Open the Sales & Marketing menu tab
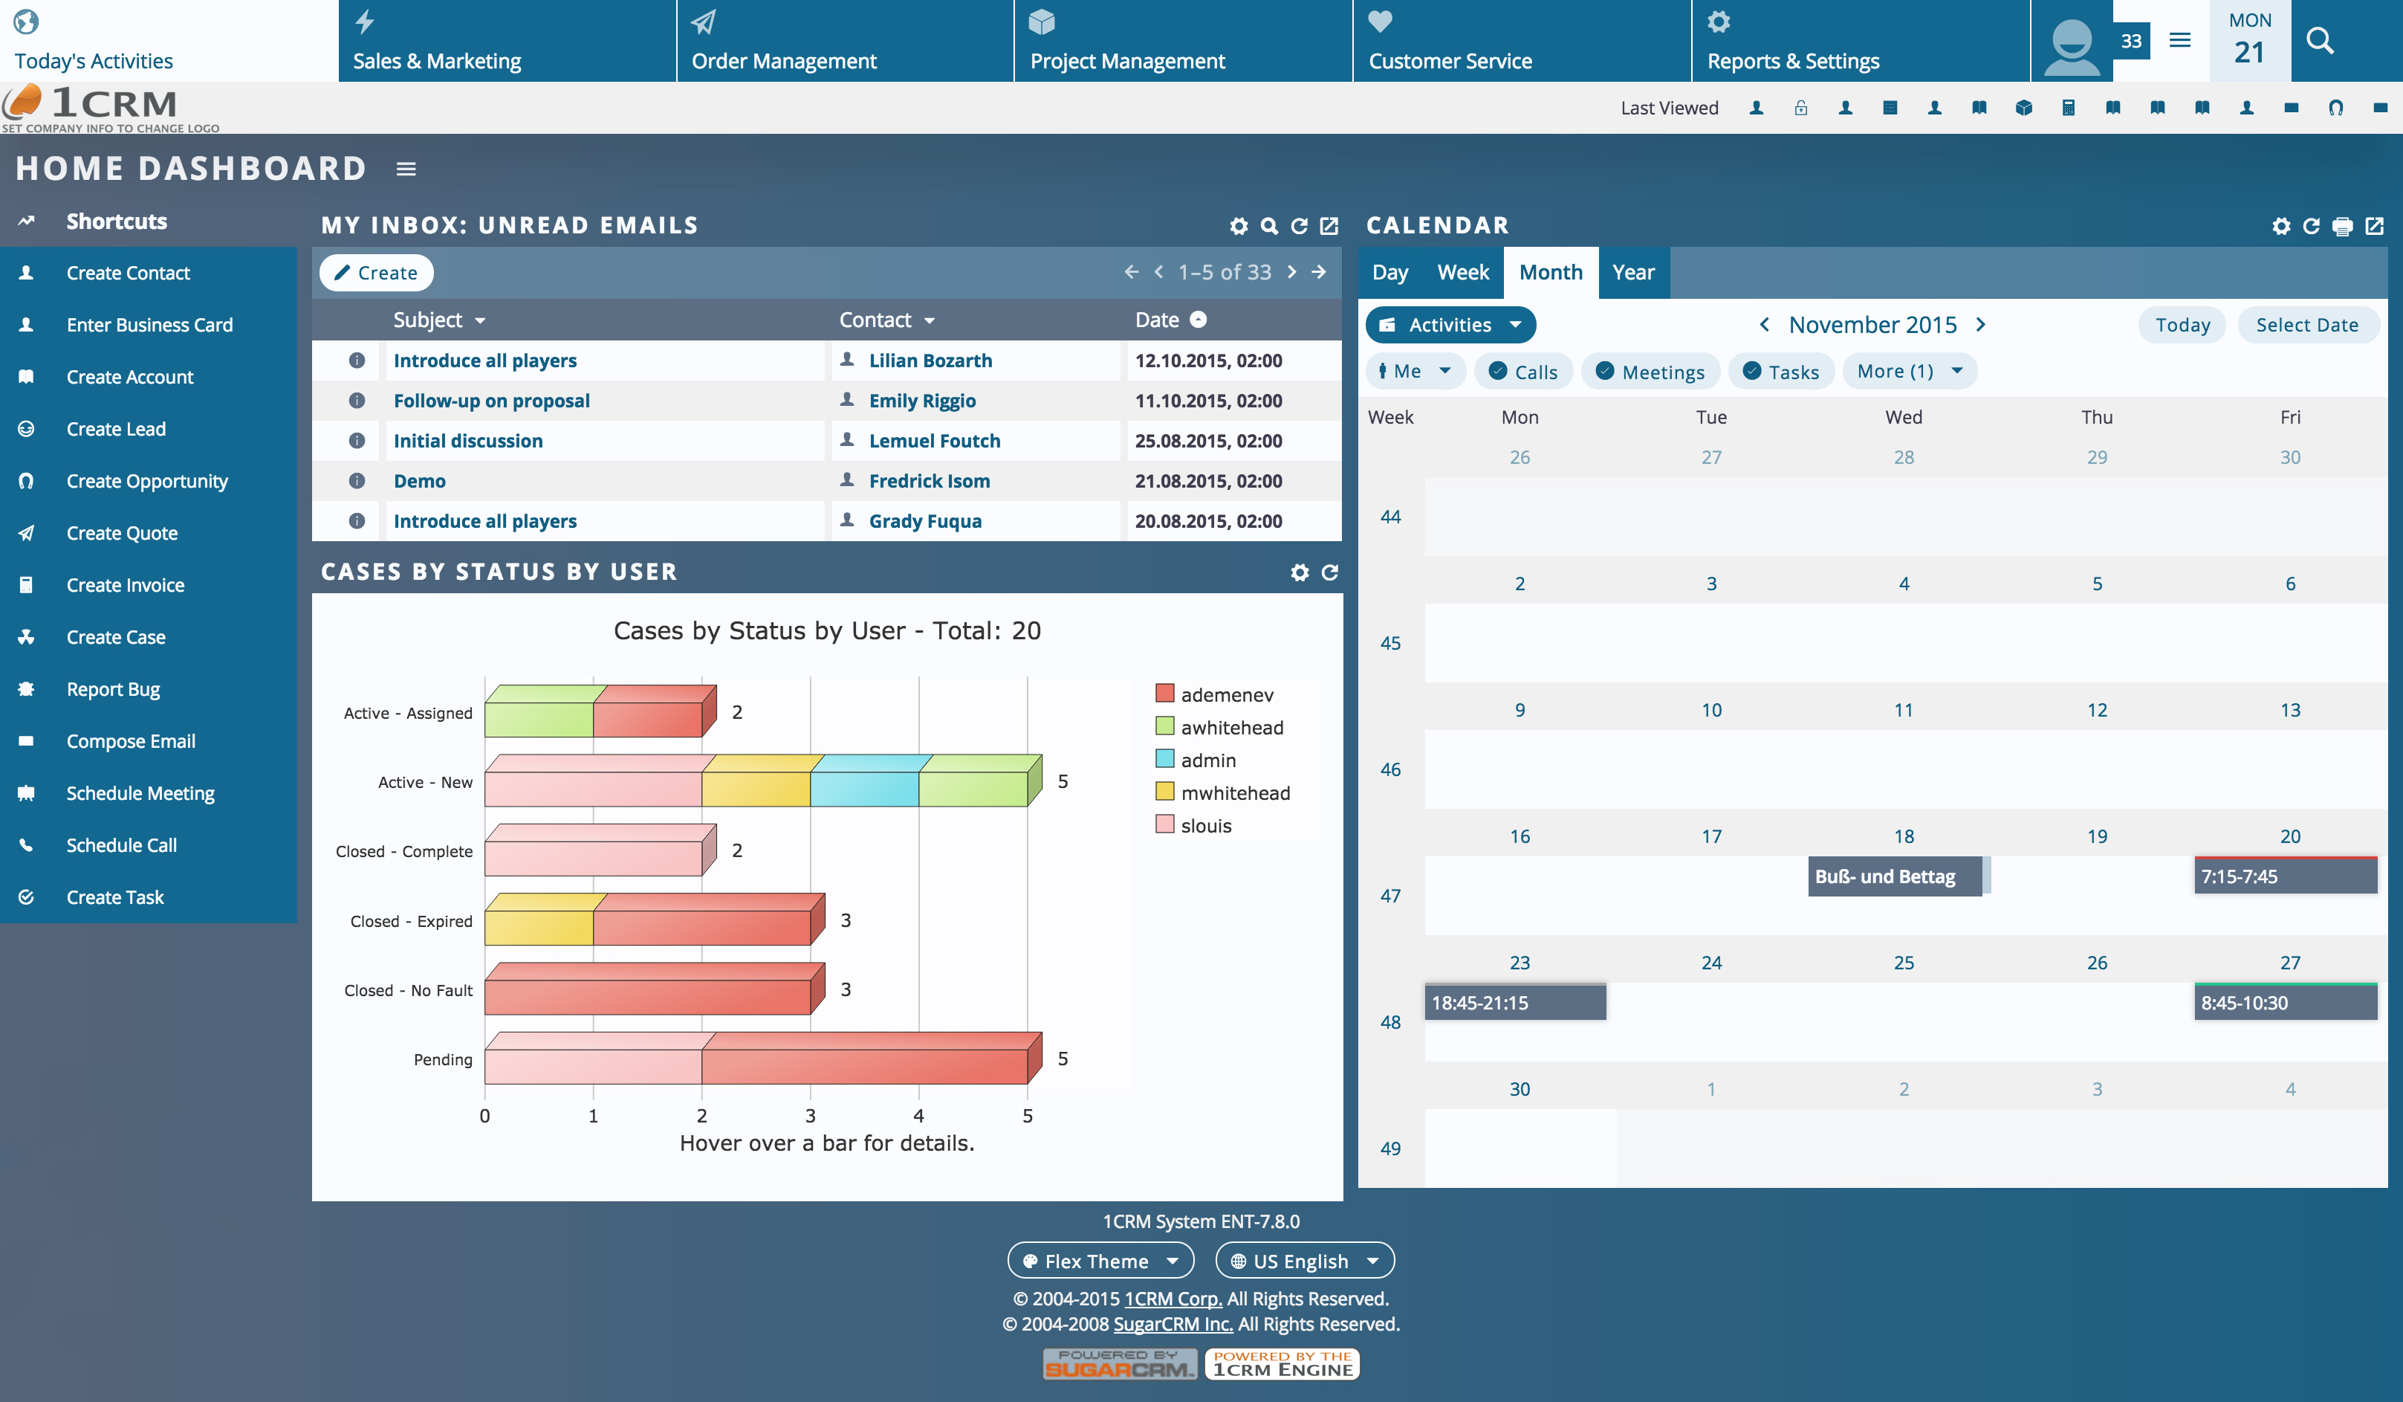tap(437, 60)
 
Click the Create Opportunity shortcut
tap(147, 481)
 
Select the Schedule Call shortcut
tap(121, 845)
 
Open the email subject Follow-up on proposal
tap(491, 401)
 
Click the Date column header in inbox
tap(1157, 320)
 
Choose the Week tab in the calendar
tap(1462, 273)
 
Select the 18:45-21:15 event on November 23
tap(1514, 1002)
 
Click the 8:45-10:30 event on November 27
tap(2284, 1002)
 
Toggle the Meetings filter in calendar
tap(1650, 372)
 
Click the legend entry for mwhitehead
tap(1234, 792)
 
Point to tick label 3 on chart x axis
tap(810, 1116)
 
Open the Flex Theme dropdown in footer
tap(1100, 1261)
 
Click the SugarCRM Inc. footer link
tap(1173, 1324)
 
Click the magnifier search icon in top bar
tap(2319, 41)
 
